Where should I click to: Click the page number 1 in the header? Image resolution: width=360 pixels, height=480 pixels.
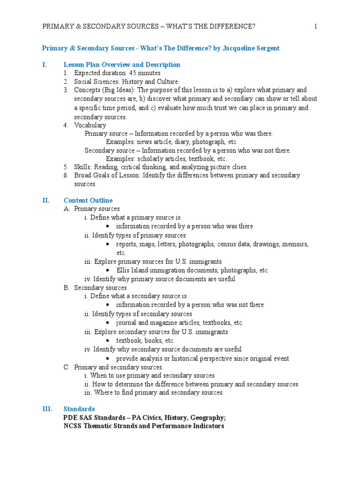click(316, 26)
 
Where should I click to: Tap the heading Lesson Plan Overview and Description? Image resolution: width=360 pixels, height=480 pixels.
click(122, 65)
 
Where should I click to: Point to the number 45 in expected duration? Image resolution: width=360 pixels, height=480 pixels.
click(127, 73)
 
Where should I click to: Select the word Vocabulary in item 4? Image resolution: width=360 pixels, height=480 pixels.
click(90, 125)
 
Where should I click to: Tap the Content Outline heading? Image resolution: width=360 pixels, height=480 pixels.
click(88, 200)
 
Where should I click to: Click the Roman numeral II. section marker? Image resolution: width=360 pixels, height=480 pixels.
click(46, 200)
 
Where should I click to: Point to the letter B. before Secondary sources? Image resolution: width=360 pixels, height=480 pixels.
click(67, 287)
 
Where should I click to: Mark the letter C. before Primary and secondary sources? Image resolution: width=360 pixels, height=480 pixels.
click(67, 367)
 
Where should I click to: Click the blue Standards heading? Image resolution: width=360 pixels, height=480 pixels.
click(79, 409)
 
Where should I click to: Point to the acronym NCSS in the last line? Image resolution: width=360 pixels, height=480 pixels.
click(72, 426)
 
